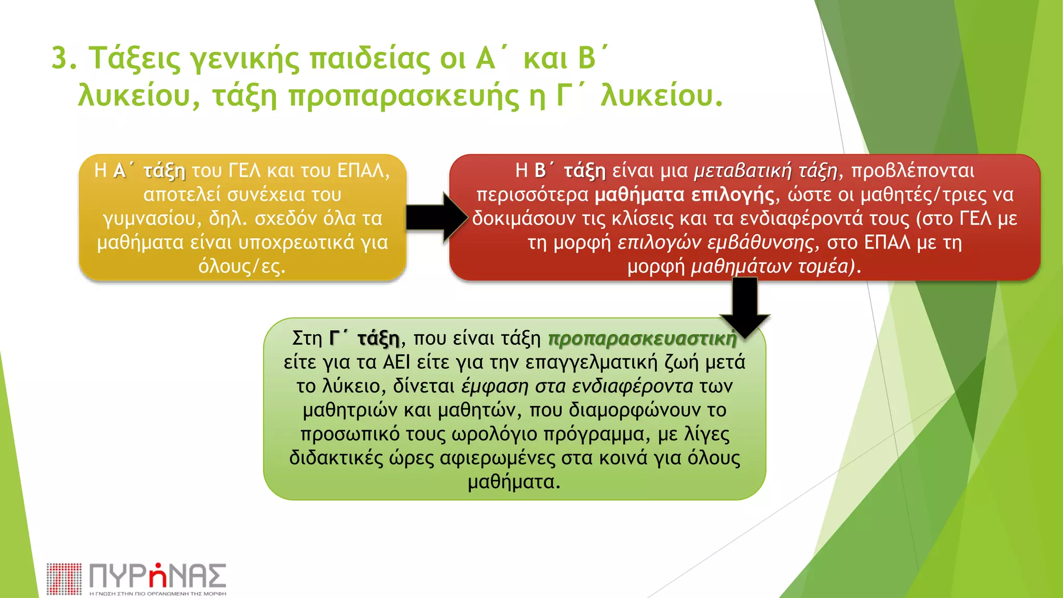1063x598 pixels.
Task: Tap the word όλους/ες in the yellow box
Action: tap(242, 266)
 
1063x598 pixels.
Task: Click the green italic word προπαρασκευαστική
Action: tap(642, 338)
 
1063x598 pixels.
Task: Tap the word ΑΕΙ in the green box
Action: tap(396, 362)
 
